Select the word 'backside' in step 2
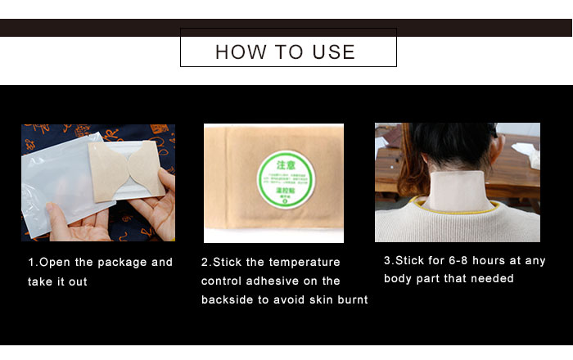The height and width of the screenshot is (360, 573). [x=227, y=300]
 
